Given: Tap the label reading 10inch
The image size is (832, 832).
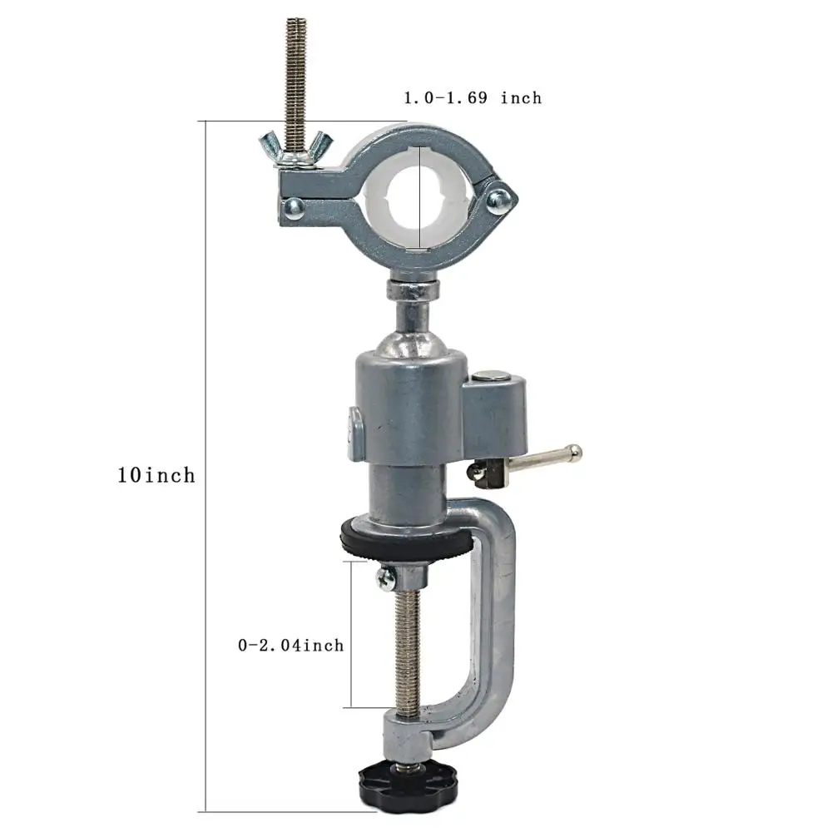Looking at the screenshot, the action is click(x=156, y=475).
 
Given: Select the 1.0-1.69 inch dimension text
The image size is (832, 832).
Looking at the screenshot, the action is click(x=473, y=97).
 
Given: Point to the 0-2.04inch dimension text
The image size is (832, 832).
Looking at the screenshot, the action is click(x=290, y=646).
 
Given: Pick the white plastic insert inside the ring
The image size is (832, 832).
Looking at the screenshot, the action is click(x=419, y=196).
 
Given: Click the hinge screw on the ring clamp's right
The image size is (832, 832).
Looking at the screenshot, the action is click(x=498, y=199).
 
